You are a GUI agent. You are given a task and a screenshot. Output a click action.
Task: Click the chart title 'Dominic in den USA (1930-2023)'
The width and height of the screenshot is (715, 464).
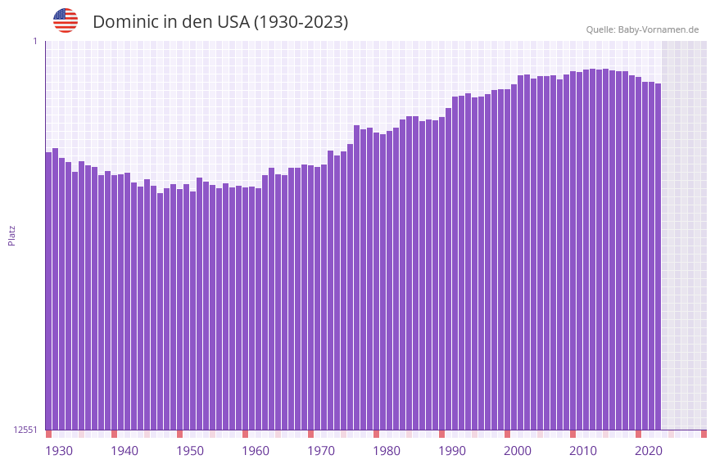point(220,22)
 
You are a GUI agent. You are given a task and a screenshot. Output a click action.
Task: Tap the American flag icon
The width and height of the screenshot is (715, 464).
point(66,20)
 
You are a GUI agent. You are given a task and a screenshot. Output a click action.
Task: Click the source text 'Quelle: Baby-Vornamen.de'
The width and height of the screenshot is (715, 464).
point(642,29)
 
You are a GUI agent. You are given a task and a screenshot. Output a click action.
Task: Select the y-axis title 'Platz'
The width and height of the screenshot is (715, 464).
point(11,235)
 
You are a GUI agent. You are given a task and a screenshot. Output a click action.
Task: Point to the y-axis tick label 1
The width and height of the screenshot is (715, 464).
point(34,41)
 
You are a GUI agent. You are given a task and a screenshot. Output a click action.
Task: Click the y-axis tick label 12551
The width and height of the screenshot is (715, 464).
point(25,430)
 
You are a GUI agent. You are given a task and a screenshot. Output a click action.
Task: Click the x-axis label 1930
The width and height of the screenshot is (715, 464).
point(59,451)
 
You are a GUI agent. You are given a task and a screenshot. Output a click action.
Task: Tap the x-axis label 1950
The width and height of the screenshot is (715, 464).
point(190,451)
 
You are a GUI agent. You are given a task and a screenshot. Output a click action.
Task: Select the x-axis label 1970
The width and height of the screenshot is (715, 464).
point(321,451)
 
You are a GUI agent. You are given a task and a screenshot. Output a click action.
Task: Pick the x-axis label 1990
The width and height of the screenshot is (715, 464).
point(452,451)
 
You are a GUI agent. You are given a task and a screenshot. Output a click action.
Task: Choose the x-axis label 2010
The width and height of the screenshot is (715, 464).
point(583,451)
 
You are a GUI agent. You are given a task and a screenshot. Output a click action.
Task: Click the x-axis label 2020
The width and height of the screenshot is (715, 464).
point(649,451)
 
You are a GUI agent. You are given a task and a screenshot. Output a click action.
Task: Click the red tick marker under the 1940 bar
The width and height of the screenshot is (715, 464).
point(114,434)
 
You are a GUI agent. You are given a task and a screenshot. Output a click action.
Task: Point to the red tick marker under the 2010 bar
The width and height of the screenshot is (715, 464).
point(572,434)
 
